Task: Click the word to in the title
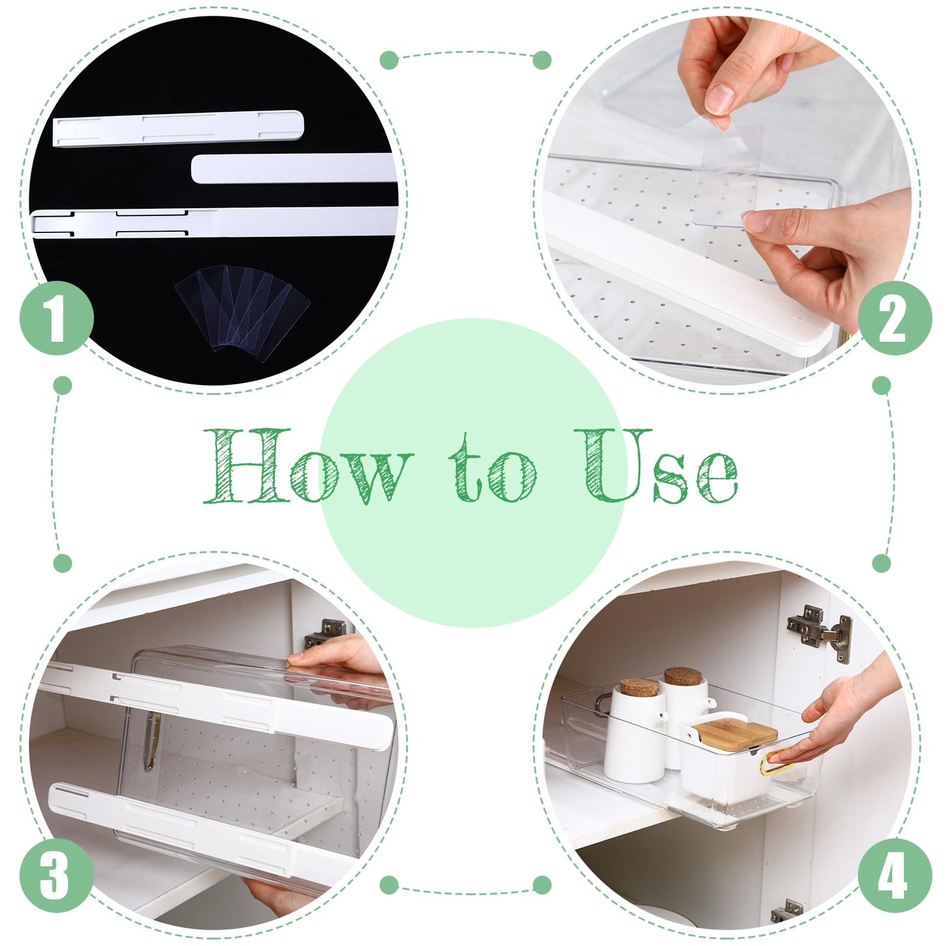pyautogui.click(x=494, y=470)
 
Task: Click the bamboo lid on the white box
pyautogui.click(x=735, y=730)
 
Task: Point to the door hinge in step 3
pyautogui.click(x=321, y=634)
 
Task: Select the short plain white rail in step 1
pyautogui.click(x=293, y=170)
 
